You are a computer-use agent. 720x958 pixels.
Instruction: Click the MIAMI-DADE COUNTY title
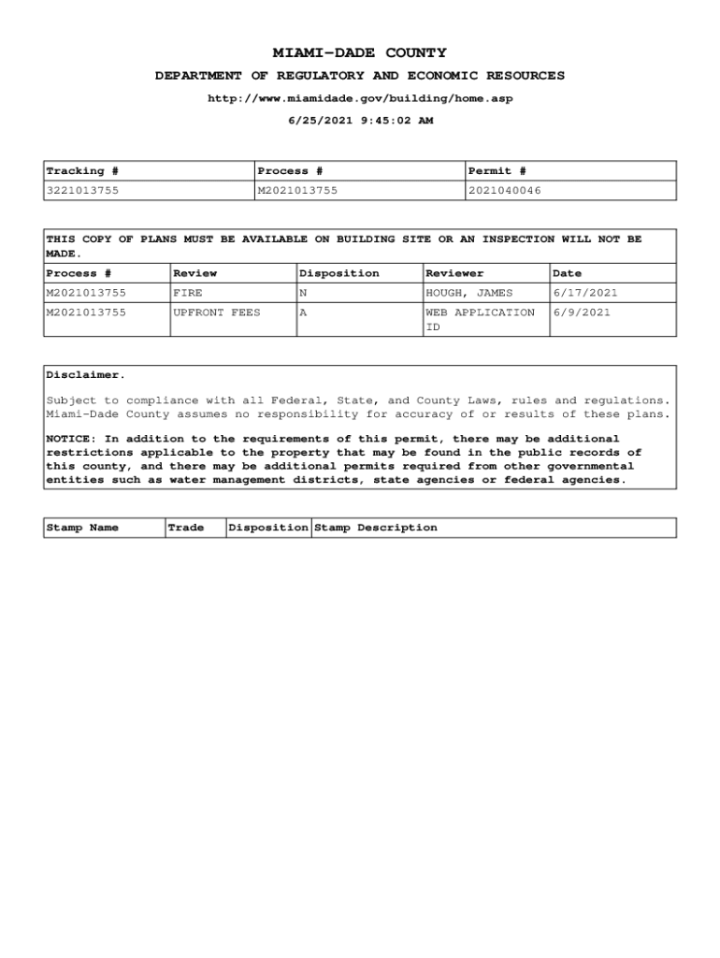[x=359, y=53]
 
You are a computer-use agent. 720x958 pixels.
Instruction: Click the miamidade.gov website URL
[x=359, y=98]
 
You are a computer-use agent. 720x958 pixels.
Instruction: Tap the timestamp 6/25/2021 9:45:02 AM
[x=359, y=121]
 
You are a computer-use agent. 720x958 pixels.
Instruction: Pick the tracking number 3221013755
[x=82, y=191]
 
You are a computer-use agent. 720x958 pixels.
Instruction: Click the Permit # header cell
[x=497, y=171]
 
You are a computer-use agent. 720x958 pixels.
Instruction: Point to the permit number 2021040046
[x=504, y=191]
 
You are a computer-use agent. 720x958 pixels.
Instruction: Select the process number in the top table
[x=297, y=191]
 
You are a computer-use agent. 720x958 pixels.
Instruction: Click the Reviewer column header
[x=454, y=273]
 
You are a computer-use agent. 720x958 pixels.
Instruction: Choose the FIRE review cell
[x=188, y=293]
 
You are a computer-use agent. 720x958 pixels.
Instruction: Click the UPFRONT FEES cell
[x=217, y=312]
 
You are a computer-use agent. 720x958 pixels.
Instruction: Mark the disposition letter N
[x=303, y=293]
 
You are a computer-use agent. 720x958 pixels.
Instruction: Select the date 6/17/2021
[x=585, y=293]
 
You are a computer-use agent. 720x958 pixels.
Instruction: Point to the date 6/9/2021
[x=582, y=312]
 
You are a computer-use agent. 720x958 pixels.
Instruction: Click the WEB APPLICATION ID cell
[x=480, y=319]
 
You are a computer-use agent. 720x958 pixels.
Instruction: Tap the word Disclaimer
[x=85, y=375]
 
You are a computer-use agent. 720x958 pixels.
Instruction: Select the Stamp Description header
[x=375, y=528]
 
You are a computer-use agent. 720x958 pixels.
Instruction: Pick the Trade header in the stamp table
[x=185, y=528]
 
